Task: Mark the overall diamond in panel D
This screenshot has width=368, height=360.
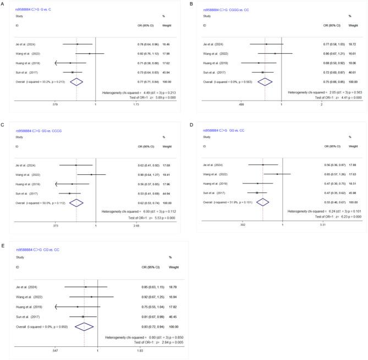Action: click(263, 187)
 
